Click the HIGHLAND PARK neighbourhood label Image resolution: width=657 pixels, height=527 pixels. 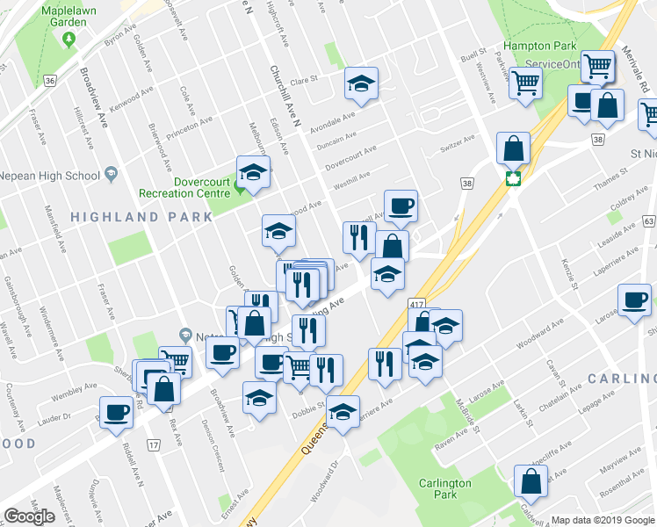click(141, 216)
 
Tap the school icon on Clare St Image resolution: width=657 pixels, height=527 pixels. click(361, 83)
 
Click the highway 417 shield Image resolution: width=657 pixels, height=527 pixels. click(415, 303)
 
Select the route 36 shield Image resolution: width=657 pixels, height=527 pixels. click(50, 81)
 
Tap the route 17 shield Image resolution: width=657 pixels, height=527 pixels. click(155, 447)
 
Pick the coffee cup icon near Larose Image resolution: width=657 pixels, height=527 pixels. click(634, 300)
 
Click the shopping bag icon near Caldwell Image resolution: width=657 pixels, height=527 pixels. click(531, 480)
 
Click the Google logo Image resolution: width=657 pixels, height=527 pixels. click(29, 516)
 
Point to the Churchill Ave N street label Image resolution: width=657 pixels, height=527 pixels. click(284, 97)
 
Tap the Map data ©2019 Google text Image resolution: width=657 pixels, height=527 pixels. click(603, 520)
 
